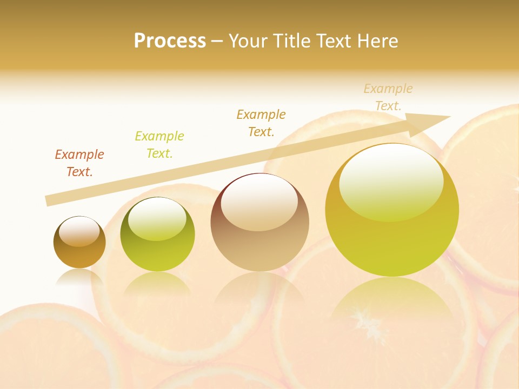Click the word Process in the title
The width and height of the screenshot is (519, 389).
170,41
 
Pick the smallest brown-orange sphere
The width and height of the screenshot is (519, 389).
79,243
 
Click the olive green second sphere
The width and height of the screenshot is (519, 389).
157,235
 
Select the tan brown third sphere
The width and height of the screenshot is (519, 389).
259,223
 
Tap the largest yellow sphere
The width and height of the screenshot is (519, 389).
392,211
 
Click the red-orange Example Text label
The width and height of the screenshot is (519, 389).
79,163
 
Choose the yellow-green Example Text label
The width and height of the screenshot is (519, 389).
159,145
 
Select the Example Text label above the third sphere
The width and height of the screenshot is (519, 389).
261,123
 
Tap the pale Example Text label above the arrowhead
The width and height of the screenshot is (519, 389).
388,97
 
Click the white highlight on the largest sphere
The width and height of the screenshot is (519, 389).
391,181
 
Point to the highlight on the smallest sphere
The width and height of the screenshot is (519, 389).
79,231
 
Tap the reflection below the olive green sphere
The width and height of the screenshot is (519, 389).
157,284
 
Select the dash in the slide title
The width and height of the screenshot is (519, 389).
217,41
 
